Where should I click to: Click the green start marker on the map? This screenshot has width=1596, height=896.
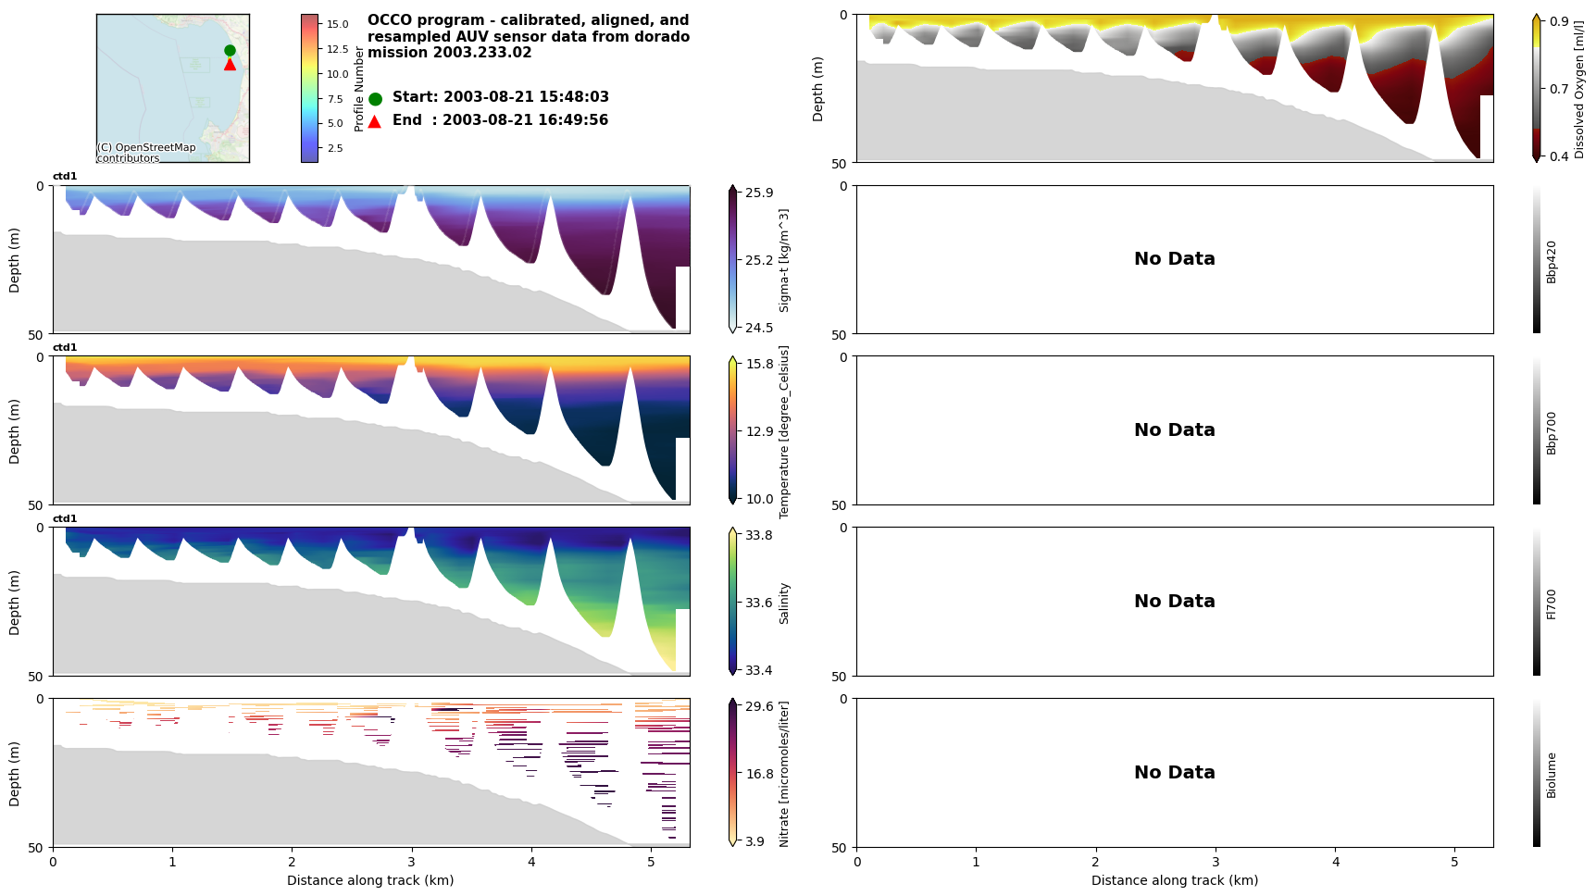[x=230, y=51]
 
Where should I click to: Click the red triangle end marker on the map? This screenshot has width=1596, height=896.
[x=230, y=64]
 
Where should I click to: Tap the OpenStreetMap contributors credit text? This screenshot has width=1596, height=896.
[x=146, y=153]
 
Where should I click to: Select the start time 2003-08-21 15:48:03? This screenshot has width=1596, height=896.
[x=525, y=97]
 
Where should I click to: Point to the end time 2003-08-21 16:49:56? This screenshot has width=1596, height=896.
[x=525, y=120]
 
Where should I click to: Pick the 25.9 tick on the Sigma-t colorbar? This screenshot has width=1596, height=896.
[x=758, y=193]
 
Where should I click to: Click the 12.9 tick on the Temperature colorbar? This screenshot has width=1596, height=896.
[x=758, y=431]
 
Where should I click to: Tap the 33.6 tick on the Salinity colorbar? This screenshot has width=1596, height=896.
[x=758, y=603]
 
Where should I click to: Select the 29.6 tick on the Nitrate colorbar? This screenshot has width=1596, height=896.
[x=758, y=706]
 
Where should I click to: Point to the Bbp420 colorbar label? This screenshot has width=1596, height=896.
[x=1552, y=261]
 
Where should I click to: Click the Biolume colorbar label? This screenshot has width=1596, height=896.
[x=1552, y=775]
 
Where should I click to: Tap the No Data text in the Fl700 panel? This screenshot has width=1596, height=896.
[x=1174, y=602]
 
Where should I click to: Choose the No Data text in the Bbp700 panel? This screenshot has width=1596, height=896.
[x=1174, y=430]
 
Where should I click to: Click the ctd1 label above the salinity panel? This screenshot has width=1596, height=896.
[x=65, y=519]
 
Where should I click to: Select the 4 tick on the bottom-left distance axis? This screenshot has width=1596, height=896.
[x=531, y=862]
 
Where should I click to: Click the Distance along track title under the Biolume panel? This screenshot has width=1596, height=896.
[x=1174, y=880]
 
